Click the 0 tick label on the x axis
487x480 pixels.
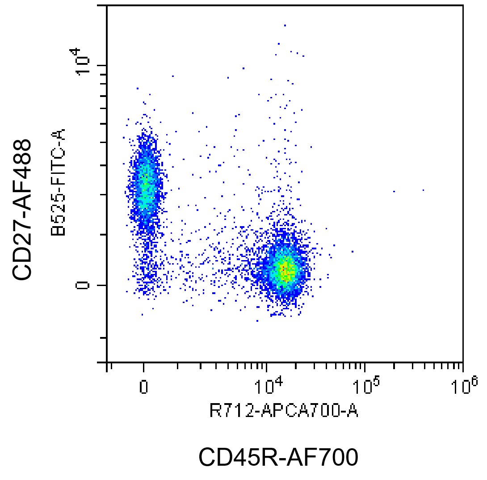click(x=143, y=387)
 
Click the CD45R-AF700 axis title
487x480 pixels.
click(x=278, y=457)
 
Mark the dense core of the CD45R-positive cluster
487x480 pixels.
click(x=285, y=270)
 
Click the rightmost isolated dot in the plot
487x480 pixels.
click(x=423, y=190)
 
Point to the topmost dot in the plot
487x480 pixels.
click(x=285, y=25)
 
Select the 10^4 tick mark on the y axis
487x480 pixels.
click(x=102, y=65)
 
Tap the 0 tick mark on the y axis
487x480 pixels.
click(x=102, y=285)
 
